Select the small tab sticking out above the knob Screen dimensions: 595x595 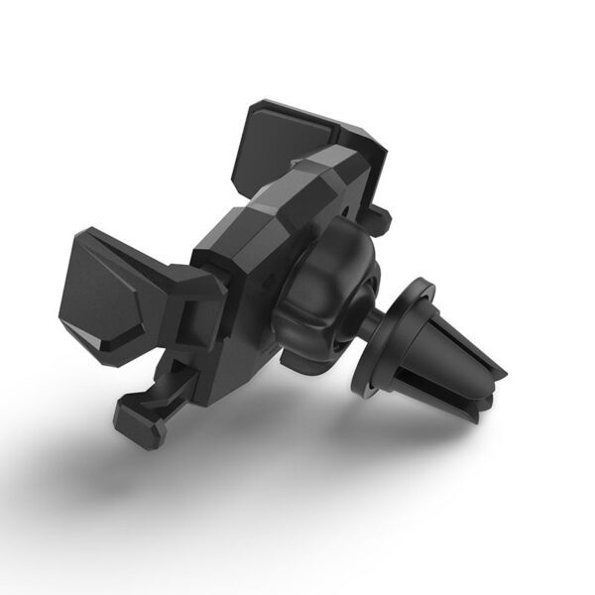[x=378, y=215]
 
